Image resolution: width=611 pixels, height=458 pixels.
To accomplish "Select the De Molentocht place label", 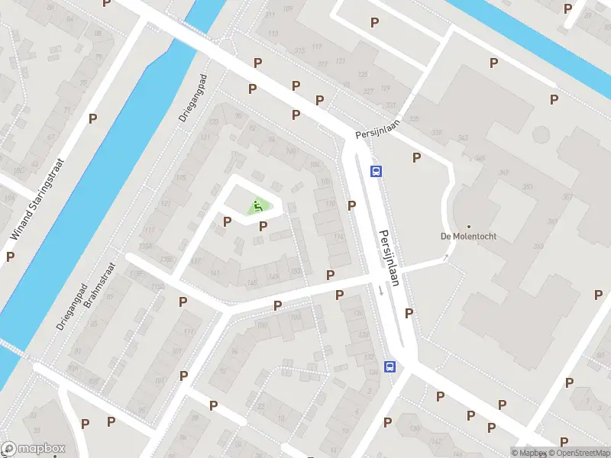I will tap(468, 236).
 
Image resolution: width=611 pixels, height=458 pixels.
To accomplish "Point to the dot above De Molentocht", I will tap(468, 226).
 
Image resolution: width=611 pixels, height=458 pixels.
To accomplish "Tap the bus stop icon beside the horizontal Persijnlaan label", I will tap(376, 171).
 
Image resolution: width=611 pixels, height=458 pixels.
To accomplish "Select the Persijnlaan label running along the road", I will tap(390, 257).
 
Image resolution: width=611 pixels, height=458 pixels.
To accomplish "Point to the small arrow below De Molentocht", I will tap(446, 259).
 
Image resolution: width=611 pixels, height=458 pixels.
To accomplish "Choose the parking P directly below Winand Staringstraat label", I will tap(10, 256).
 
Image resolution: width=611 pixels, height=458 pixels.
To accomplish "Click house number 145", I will tap(253, 282).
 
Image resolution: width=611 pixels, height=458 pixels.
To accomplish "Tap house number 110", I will tap(330, 204).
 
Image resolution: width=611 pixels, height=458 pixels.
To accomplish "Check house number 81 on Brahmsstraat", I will tap(76, 352).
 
